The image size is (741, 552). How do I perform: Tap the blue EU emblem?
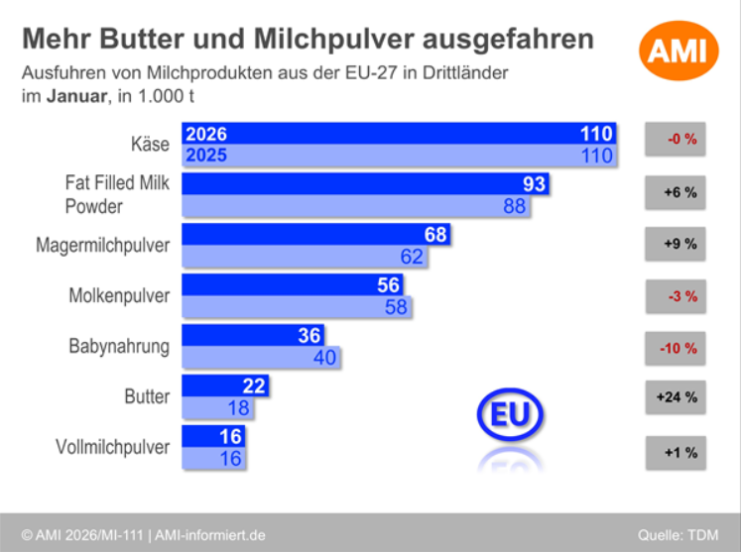(510, 415)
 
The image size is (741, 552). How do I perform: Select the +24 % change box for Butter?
(676, 398)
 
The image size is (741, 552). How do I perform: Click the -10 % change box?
(676, 348)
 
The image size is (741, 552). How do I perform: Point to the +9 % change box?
(676, 243)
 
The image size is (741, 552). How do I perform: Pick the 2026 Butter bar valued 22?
(224, 386)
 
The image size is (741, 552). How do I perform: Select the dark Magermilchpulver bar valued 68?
(315, 236)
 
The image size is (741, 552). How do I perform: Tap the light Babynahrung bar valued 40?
(261, 357)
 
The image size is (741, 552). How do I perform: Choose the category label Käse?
(150, 145)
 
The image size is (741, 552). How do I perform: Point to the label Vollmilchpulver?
(112, 447)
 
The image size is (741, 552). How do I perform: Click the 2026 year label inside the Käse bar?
(206, 135)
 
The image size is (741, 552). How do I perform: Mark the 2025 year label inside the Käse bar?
(206, 156)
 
